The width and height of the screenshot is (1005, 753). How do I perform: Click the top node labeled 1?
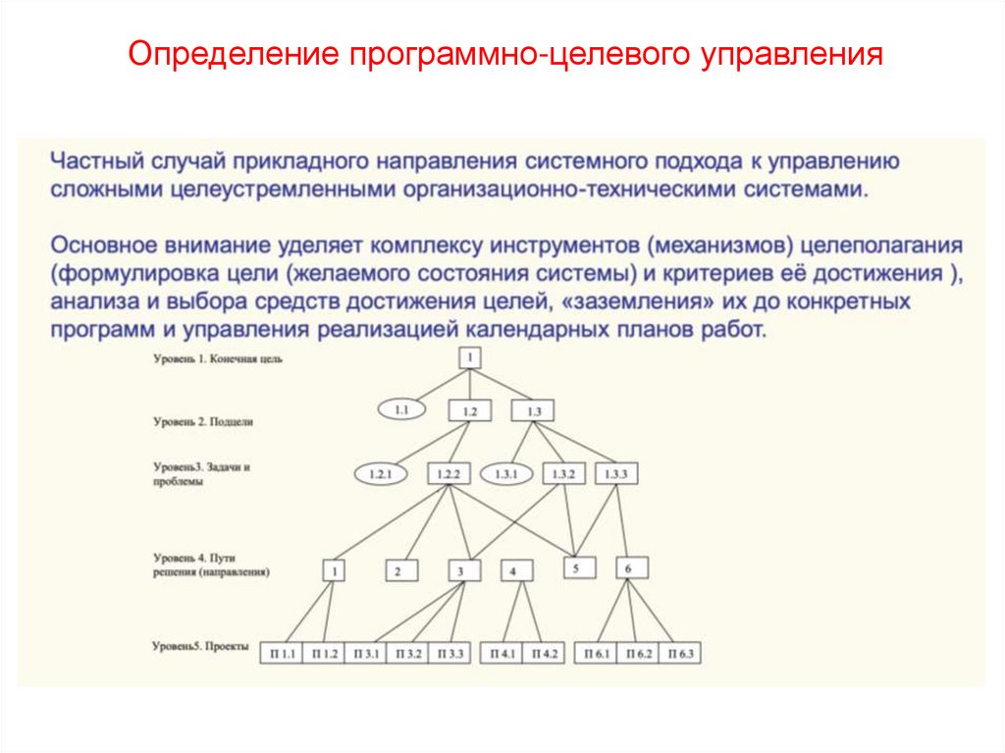coord(471,357)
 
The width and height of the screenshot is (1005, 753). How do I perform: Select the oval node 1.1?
coord(401,409)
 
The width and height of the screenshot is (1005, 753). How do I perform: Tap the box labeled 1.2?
coord(470,411)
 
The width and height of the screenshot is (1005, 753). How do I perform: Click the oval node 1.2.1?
coord(380,475)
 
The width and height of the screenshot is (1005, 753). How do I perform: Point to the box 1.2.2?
coord(446,475)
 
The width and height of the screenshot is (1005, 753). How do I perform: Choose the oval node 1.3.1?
coord(506,475)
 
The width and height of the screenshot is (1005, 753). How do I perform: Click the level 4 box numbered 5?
coord(578,567)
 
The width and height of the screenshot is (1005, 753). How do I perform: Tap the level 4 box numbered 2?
coord(398,570)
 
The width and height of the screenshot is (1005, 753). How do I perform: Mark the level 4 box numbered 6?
coord(630,567)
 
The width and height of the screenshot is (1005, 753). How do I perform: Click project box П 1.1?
coord(283,653)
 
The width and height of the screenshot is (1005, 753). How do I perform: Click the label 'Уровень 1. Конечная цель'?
coord(218,359)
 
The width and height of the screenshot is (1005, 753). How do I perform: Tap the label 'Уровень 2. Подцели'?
coord(203,421)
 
